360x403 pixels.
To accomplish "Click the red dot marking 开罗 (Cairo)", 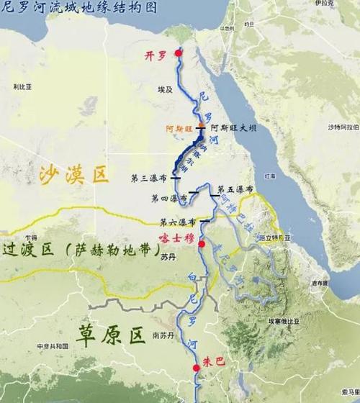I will point(179,53).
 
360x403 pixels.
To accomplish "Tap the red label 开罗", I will point(158,55).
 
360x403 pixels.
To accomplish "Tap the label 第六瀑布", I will point(178,221).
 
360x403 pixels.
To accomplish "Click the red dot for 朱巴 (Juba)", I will point(197,368).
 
